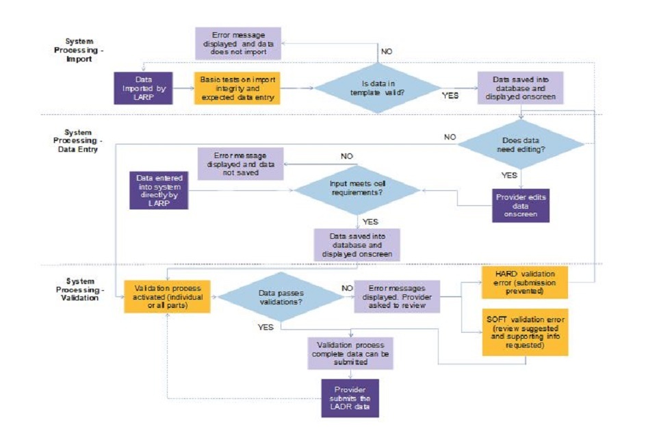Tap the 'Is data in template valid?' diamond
pos(377,88)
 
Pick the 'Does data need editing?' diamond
pos(521,144)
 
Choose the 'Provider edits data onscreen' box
pos(521,205)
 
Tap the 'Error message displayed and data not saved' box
pos(240,164)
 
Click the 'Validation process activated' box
pos(167,296)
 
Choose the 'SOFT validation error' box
pos(525,331)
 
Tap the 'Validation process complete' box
pos(350,353)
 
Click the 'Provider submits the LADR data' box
pos(350,398)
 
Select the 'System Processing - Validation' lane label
pos(79,289)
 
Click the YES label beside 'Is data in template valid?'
pos(450,96)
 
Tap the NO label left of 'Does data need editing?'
pos(450,137)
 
